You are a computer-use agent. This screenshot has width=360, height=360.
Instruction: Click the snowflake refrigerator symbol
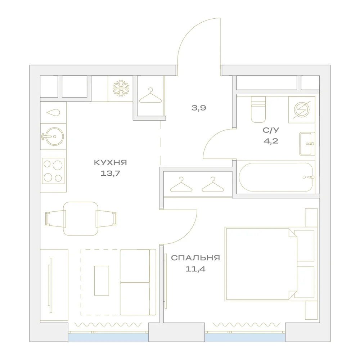(121, 88)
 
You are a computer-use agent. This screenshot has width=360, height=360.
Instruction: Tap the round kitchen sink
(54, 136)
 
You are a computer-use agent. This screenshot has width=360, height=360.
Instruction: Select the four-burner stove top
(53, 171)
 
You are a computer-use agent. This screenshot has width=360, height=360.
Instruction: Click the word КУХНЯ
(111, 163)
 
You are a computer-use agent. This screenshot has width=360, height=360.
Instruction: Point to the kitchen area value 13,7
(111, 173)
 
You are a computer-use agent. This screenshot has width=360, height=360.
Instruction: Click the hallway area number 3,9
(199, 108)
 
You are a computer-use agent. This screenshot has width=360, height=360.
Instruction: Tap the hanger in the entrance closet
(150, 95)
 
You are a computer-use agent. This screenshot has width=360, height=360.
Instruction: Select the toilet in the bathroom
(258, 109)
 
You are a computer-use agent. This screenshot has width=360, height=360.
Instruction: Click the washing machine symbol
(302, 110)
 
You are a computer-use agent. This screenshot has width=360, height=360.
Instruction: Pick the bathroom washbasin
(307, 144)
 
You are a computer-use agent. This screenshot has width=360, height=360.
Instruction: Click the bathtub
(276, 177)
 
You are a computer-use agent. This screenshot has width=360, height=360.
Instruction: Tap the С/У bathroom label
(271, 130)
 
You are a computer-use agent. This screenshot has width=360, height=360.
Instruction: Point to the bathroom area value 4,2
(271, 141)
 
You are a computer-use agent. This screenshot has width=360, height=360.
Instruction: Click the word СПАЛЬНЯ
(195, 258)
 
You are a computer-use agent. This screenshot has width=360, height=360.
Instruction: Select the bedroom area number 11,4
(195, 269)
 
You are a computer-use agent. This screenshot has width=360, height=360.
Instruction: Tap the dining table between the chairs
(81, 219)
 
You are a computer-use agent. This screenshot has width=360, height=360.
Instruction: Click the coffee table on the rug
(102, 280)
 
